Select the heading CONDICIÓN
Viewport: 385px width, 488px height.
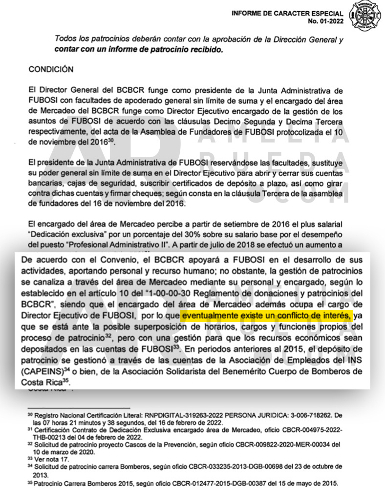[x=51, y=69]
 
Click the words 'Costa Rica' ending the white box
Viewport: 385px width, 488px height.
[x=44, y=382]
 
